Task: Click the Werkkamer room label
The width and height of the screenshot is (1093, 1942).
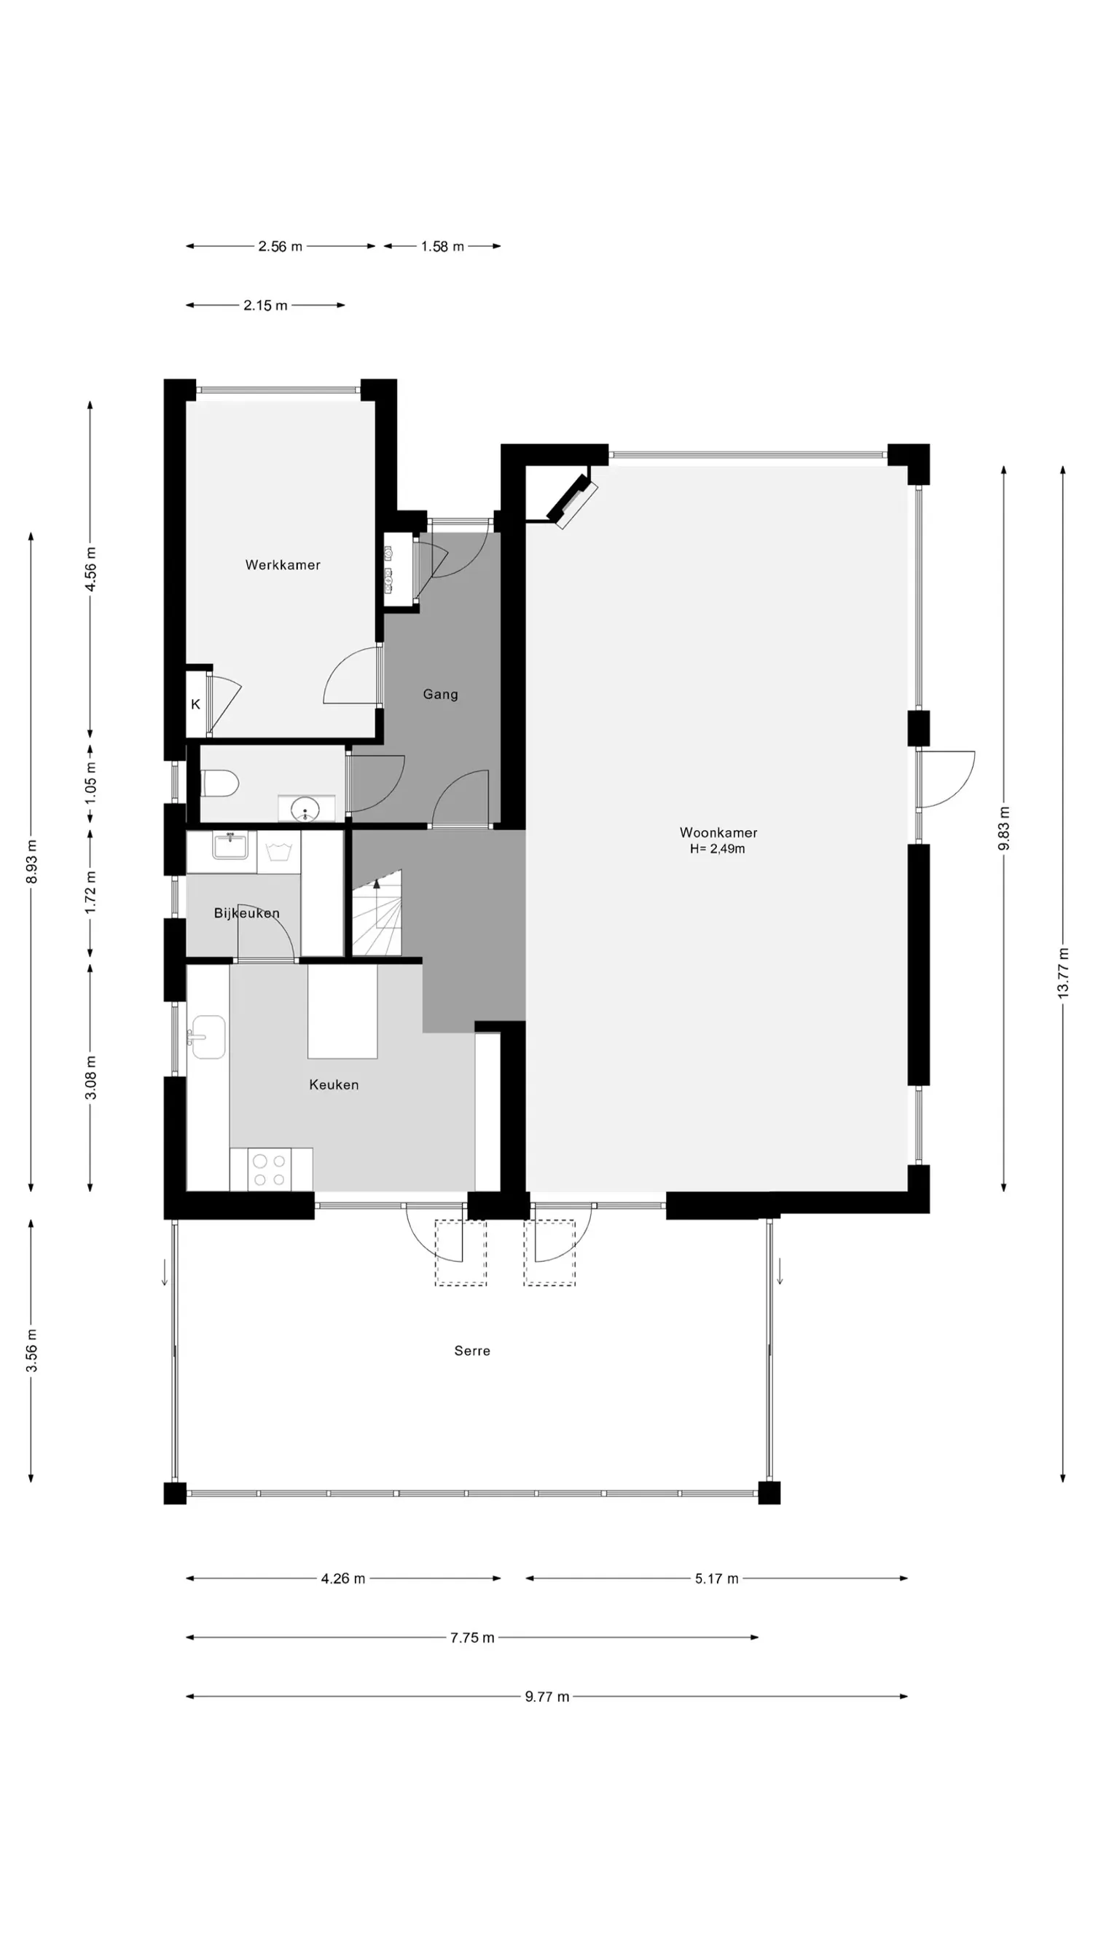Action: (282, 564)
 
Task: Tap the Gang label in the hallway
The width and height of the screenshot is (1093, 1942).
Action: (440, 695)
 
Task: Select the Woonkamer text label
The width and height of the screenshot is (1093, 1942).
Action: (718, 832)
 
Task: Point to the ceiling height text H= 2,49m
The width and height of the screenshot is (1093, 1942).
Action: (717, 849)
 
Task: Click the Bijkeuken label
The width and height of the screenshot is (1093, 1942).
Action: (247, 913)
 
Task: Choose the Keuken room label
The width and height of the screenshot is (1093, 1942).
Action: (334, 1085)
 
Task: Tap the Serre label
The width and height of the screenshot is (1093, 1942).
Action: (472, 1351)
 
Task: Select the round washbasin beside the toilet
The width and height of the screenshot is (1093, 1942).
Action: (305, 809)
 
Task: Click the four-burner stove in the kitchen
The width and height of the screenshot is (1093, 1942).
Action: (270, 1169)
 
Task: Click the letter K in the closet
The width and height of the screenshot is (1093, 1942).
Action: (195, 704)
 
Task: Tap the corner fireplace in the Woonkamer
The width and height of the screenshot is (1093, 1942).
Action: (572, 500)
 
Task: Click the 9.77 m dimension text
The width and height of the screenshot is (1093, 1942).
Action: (547, 1697)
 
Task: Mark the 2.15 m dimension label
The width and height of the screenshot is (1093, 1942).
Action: (265, 305)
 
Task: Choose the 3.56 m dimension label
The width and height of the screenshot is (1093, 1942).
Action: (31, 1351)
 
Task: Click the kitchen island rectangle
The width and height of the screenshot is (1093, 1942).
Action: (342, 1011)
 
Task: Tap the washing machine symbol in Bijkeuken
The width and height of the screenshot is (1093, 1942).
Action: (278, 852)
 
